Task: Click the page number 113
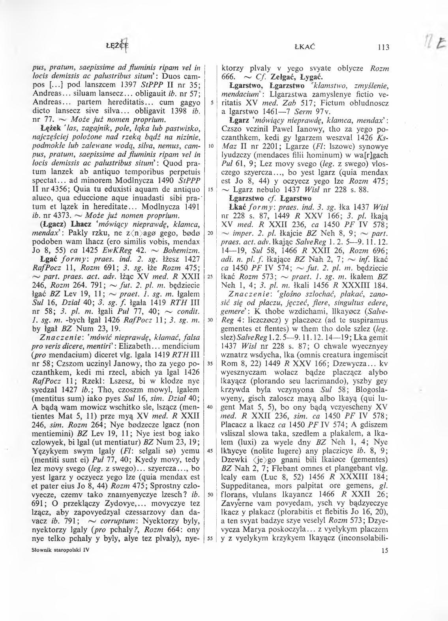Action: [x=383, y=48]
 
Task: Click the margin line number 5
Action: [x=212, y=102]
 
